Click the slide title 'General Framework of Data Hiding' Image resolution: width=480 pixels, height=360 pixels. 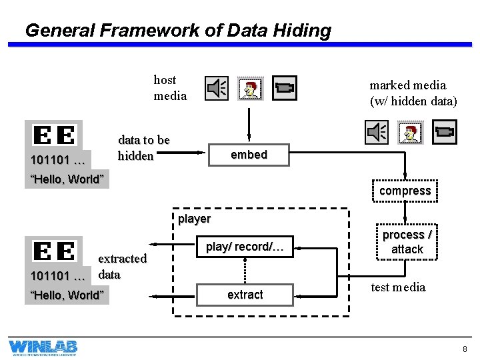[177, 30]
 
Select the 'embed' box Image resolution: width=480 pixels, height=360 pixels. [249, 155]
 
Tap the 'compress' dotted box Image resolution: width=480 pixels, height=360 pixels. [405, 191]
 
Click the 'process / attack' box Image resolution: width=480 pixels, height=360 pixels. [407, 242]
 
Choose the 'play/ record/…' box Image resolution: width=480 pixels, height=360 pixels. [245, 247]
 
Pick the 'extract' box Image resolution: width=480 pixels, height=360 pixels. [245, 295]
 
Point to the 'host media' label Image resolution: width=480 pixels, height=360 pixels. [170, 87]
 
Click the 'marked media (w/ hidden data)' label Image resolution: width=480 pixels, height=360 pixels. [413, 93]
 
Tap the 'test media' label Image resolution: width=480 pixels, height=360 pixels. [397, 287]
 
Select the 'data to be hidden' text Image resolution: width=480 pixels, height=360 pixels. [143, 148]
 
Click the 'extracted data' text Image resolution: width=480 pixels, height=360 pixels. [121, 266]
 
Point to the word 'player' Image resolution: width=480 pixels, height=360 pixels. [194, 219]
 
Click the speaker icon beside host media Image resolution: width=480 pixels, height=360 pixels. [217, 88]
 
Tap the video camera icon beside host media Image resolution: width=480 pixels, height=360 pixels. [285, 88]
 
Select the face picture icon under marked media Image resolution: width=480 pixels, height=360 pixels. [410, 133]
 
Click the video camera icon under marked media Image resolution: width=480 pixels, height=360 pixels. [445, 132]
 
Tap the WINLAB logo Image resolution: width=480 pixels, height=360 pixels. [43, 347]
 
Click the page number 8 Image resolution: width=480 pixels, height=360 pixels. [465, 349]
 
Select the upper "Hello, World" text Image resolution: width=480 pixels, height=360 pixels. [67, 179]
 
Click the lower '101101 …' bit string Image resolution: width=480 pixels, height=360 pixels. [58, 276]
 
